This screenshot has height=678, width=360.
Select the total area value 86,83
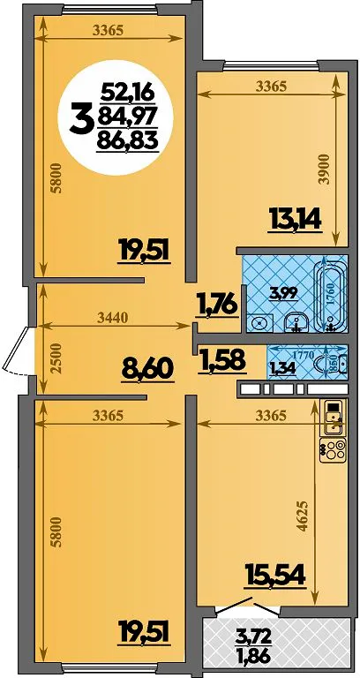tap(127, 139)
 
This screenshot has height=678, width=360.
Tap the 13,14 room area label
tap(295, 222)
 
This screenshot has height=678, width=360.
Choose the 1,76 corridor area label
tap(217, 305)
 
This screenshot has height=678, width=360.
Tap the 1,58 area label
tap(222, 360)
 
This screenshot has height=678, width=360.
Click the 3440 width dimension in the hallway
tap(112, 319)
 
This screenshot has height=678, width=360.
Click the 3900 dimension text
tap(326, 169)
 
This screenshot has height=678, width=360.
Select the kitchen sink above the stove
tap(334, 418)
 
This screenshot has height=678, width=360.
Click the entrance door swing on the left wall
tap(17, 350)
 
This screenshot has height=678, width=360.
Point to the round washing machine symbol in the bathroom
tap(261, 322)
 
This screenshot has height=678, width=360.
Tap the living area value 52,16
tap(127, 93)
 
